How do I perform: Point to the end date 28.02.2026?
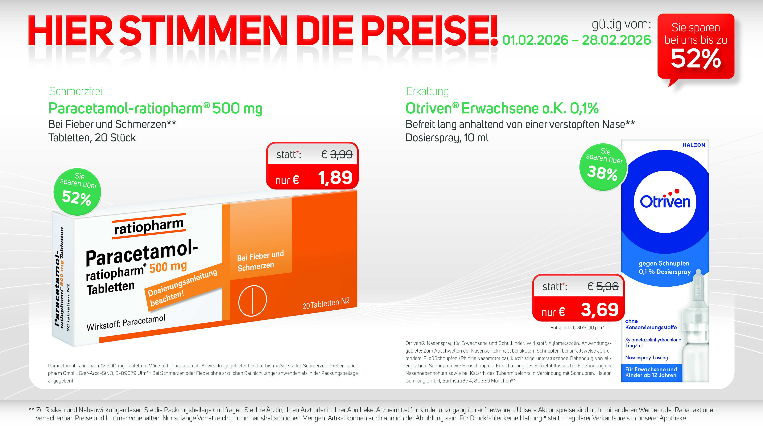[x=616, y=40]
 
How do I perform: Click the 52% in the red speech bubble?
[x=695, y=59]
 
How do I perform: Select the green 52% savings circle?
[x=77, y=192]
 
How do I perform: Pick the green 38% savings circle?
[x=603, y=167]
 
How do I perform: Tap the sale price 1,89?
[x=335, y=178]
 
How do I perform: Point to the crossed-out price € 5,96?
[x=603, y=286]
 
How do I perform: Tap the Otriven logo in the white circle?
[x=665, y=202]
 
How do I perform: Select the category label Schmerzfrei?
[x=76, y=92]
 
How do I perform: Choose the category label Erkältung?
[x=427, y=92]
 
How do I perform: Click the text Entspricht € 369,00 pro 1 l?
[x=578, y=327]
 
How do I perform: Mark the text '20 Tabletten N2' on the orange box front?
[x=326, y=304]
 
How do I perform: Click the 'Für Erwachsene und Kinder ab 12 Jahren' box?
[x=651, y=372]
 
